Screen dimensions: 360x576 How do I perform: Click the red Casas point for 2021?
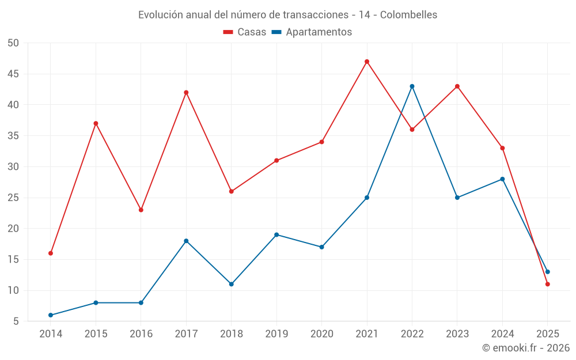point(367,62)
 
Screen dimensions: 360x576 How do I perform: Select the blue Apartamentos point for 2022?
point(412,86)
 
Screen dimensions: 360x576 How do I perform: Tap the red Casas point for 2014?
point(51,253)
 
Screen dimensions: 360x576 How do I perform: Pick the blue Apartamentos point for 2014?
point(51,315)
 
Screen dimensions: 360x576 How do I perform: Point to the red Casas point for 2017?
point(186,92)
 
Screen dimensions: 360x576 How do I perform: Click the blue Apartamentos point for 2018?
point(232,284)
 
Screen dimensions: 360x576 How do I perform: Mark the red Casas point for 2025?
point(547,284)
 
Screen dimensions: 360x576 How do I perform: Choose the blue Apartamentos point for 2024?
point(502,179)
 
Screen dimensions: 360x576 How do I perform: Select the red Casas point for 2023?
point(457,86)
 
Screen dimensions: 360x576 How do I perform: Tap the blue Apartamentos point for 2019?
point(276,234)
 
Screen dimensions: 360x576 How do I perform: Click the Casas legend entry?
point(245,32)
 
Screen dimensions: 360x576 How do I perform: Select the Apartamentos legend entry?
point(312,32)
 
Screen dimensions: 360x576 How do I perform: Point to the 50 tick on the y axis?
point(13,43)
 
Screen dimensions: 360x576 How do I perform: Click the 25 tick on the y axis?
point(13,198)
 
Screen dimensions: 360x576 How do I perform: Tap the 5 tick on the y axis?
point(16,321)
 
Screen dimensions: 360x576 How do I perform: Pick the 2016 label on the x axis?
point(141,334)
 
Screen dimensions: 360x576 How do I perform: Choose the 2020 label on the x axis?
point(321,334)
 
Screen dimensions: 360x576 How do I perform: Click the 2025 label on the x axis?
point(547,334)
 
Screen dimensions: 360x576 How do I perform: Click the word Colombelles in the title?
point(408,14)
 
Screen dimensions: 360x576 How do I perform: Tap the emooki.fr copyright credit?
point(525,348)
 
